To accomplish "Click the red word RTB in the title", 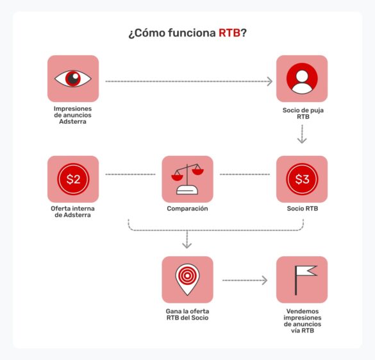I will pos(229,33).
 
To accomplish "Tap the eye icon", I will pos(73,78).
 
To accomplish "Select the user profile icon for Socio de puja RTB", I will pos(302,78).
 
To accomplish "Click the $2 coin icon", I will pos(73,179).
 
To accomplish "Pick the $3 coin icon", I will pos(302,179).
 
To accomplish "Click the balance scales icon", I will pos(187,179).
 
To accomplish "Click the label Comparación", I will pos(187,209).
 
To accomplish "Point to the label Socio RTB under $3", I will pos(302,209).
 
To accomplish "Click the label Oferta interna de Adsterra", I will pos(73,212).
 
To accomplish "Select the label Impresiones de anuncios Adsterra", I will pos(73,115).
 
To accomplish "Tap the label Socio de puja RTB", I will pos(302,114).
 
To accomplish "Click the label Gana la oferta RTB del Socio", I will pos(187,314).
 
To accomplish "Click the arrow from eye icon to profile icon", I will pos(188,81).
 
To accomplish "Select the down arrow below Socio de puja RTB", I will pos(302,135).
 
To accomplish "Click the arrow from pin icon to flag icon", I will pos(244,280).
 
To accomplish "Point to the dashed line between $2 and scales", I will pos(130,175).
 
